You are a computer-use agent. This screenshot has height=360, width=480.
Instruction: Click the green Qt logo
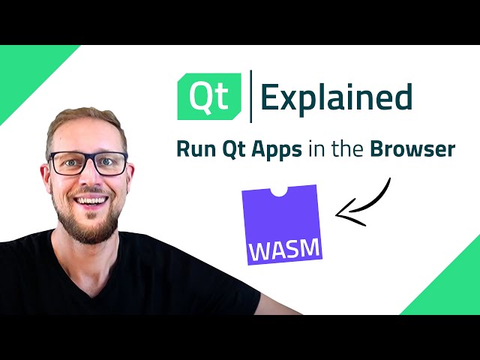(x=208, y=97)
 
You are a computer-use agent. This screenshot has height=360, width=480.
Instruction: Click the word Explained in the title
(x=336, y=97)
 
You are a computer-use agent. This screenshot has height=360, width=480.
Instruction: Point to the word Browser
(x=412, y=149)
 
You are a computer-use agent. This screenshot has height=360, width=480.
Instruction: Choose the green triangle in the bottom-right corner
(x=450, y=289)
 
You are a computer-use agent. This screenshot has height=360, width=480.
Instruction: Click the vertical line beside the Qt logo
(x=250, y=97)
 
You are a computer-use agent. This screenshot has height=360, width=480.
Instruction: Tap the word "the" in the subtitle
(x=349, y=149)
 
